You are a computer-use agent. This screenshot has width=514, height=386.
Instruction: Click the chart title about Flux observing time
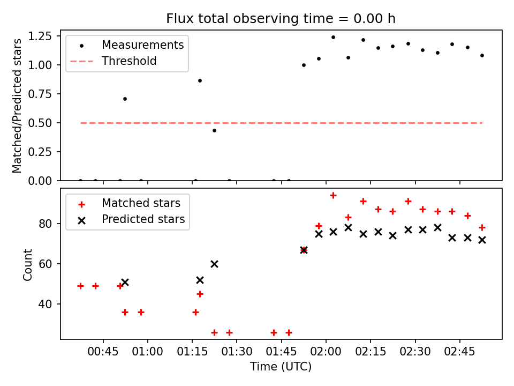click(281, 19)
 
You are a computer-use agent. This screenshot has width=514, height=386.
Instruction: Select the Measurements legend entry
click(143, 44)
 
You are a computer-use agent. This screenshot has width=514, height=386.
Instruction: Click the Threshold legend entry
click(129, 61)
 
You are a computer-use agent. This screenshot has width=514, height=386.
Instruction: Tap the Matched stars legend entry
click(141, 203)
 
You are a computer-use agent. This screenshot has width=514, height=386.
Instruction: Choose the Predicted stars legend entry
click(143, 219)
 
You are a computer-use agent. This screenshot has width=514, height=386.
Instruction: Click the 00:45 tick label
click(103, 353)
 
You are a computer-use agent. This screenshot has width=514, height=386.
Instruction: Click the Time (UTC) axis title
click(281, 367)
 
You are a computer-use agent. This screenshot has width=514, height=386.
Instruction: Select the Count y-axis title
click(28, 264)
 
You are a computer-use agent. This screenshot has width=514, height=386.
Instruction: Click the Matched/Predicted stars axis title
click(18, 106)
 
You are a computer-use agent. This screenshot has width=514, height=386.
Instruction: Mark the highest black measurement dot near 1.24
click(333, 38)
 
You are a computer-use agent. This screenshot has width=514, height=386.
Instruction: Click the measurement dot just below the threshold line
click(214, 130)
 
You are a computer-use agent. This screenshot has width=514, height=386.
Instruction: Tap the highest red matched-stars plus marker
click(333, 195)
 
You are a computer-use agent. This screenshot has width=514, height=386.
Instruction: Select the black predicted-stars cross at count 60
click(214, 264)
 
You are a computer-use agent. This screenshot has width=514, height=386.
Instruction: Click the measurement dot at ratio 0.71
click(125, 99)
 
